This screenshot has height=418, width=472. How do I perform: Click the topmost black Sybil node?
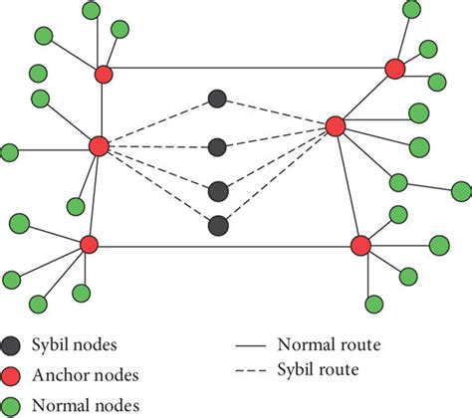click(x=218, y=99)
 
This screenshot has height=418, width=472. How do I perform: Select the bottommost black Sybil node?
click(x=218, y=226)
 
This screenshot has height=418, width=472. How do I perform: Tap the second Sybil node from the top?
click(x=218, y=147)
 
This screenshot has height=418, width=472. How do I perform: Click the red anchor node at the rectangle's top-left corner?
click(x=105, y=74)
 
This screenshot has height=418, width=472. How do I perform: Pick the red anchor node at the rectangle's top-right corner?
click(x=394, y=68)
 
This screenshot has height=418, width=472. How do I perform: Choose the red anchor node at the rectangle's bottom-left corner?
click(x=89, y=244)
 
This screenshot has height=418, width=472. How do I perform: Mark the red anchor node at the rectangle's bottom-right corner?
click(x=360, y=244)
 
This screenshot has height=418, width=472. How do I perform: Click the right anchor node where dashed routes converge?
click(x=336, y=125)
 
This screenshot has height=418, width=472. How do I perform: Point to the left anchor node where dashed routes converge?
click(x=99, y=146)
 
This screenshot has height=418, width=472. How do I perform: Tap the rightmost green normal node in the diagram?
click(x=461, y=190)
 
